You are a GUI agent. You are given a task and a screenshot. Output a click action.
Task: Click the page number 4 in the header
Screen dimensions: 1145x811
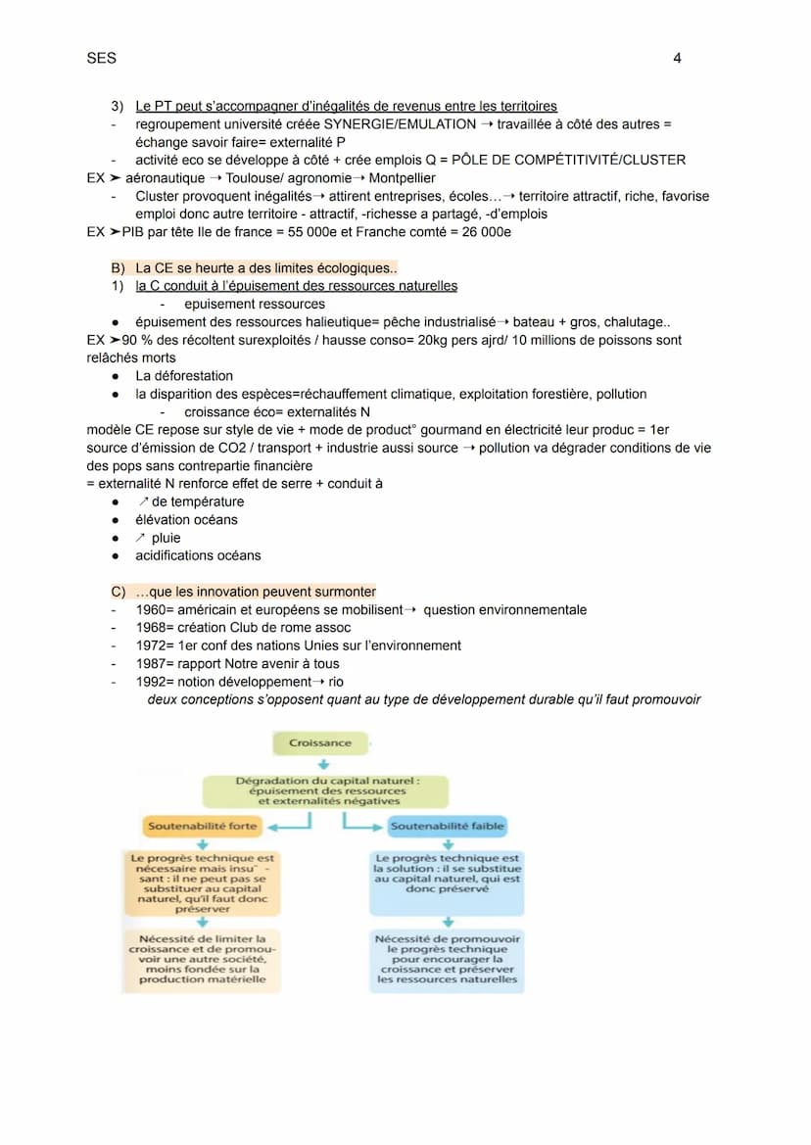677,59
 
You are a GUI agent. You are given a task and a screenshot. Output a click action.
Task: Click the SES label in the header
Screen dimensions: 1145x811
101,59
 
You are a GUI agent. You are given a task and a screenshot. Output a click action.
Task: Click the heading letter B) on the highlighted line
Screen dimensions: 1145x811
119,268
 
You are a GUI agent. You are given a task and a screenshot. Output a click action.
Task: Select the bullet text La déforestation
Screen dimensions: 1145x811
184,376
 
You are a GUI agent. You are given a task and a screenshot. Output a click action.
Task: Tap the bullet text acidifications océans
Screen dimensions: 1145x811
198,555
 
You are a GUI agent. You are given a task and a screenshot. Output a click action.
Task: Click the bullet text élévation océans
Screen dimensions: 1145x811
186,520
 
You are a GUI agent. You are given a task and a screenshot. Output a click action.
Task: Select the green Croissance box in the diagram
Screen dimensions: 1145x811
319,743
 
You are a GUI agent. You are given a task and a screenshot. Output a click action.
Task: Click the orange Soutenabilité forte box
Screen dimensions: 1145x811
202,827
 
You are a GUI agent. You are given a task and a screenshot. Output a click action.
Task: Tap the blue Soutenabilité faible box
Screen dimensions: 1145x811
448,827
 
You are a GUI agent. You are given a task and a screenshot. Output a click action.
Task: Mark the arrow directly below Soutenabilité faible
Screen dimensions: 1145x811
448,844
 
